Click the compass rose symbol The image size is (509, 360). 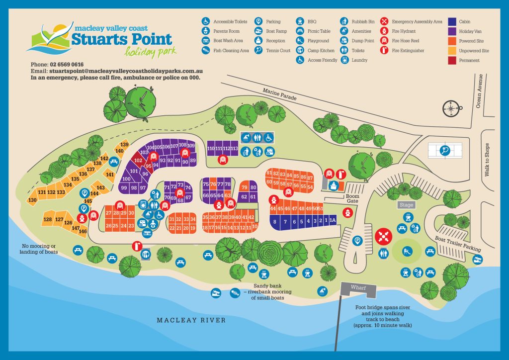tap(451, 108)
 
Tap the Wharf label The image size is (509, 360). tap(358, 288)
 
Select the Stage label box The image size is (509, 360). tap(406, 205)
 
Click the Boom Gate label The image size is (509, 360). tap(352, 198)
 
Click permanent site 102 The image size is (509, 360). tap(139, 161)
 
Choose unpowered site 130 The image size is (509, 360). tap(33, 200)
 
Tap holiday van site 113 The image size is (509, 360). tap(234, 149)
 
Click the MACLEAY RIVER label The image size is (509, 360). tap(191, 320)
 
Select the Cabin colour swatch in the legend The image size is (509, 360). tap(452, 22)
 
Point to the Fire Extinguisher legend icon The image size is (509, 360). tap(384, 50)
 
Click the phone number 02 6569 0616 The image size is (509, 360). tap(68, 65)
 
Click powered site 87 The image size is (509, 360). tap(310, 178)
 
